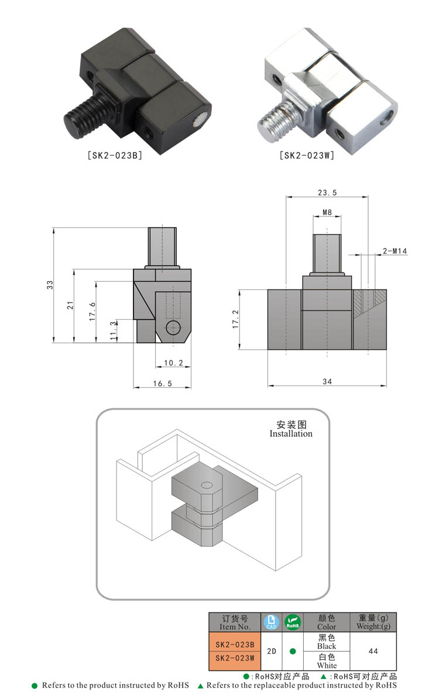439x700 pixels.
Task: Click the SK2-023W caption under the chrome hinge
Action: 307,156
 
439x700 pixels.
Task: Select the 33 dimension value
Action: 50,285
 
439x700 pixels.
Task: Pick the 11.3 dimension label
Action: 113,331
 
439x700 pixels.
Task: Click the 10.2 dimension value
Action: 173,363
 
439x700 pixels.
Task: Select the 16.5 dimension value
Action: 163,383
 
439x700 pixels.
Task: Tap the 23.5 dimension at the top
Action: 327,192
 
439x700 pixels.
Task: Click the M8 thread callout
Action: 327,213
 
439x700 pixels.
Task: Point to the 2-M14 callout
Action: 395,251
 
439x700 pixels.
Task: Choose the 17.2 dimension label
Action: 236,319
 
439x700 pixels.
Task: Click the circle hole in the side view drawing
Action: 173,327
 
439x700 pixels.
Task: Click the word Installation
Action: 291,434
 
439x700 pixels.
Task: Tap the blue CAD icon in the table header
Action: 270,622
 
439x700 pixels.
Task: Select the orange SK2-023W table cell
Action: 235,657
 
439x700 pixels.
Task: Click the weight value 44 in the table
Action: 373,651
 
